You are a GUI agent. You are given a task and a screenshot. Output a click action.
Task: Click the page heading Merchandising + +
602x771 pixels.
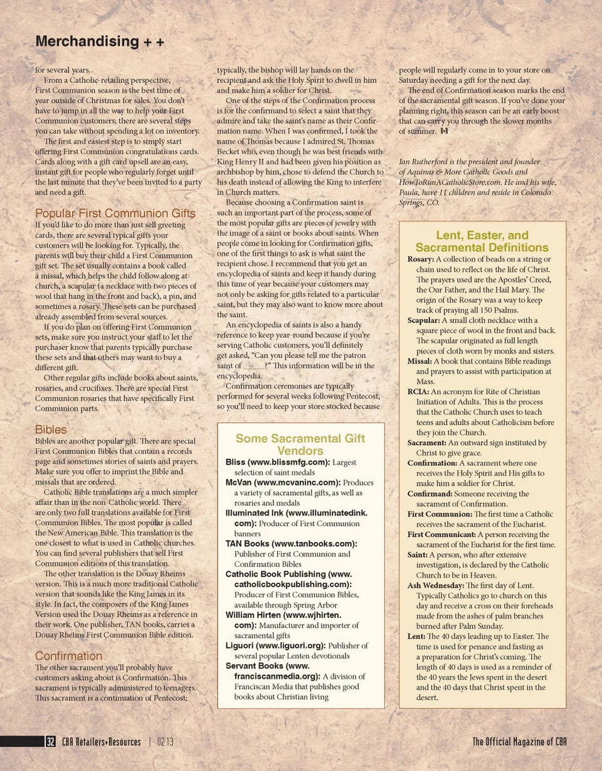click(100, 42)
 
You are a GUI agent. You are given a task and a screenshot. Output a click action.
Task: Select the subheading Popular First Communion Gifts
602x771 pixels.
click(115, 213)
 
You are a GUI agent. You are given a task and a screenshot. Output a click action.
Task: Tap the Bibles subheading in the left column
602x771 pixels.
click(51, 429)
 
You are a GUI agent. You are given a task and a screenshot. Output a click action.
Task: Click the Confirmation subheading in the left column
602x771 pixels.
click(68, 656)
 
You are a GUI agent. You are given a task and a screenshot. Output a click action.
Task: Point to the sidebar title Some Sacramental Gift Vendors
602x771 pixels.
click(300, 445)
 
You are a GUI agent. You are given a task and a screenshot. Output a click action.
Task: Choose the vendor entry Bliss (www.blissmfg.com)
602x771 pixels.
click(277, 463)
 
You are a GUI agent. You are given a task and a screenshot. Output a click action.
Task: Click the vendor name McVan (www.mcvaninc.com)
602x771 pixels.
click(283, 483)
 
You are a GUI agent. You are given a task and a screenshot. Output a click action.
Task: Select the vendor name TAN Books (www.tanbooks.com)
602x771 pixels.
click(291, 544)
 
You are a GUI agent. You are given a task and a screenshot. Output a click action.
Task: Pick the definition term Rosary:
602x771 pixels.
click(420, 259)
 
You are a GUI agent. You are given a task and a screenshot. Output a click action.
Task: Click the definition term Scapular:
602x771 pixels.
click(424, 320)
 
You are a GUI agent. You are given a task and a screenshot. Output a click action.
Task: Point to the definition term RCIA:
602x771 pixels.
click(418, 392)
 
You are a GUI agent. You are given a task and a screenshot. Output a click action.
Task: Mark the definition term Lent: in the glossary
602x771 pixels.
click(416, 636)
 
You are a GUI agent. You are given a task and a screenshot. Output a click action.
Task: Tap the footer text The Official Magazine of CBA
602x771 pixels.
click(520, 742)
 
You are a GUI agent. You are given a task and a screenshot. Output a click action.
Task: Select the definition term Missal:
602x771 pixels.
click(420, 361)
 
